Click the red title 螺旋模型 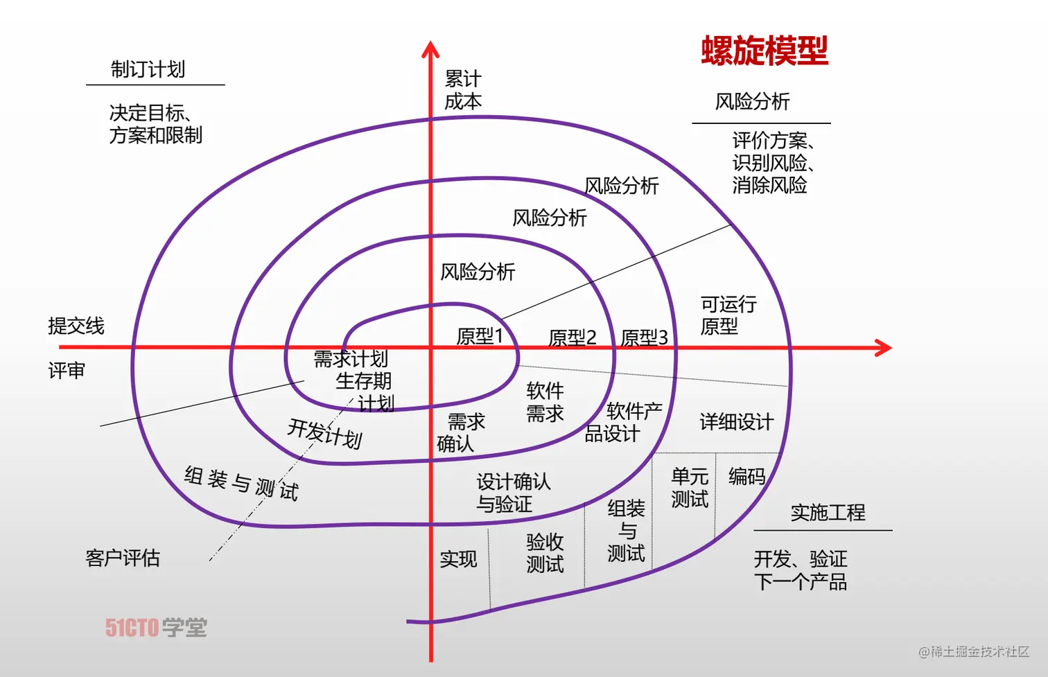pos(765,51)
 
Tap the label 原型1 pos(479,337)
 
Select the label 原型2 pos(572,338)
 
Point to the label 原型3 pos(644,338)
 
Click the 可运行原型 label pos(728,315)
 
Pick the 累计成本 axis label pos(462,90)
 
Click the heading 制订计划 pos(148,69)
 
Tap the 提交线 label pos(76,326)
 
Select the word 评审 pos(67,371)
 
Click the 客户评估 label pos(123,558)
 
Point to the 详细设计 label pos(736,422)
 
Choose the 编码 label pos(746,477)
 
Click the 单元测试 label pos(689,488)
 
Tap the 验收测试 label pos(545,553)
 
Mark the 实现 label pos(458,559)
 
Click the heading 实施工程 pos(828,513)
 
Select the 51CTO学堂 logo pos(156,628)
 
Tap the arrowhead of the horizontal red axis pos(884,347)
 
